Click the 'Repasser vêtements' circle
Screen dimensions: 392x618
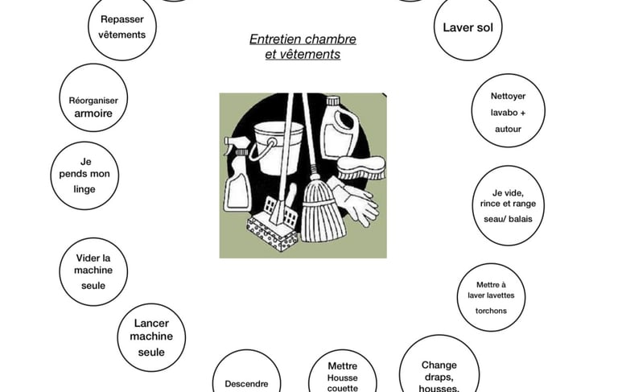[x=122, y=27]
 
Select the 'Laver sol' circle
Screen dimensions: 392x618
[x=468, y=27]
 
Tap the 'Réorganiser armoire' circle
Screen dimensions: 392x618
[x=93, y=98]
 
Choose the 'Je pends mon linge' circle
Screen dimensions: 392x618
[x=84, y=175]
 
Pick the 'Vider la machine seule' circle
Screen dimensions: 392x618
[x=93, y=271]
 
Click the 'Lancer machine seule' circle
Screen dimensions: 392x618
[x=151, y=337]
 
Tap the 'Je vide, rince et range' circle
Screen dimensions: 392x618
[x=506, y=205]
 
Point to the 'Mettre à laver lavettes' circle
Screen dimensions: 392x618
[x=491, y=297]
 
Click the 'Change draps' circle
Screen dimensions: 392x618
[x=439, y=369]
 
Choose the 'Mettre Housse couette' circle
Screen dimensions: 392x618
[x=343, y=374]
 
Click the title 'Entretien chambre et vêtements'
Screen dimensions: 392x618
[x=303, y=47]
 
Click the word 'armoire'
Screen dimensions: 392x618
[x=93, y=114]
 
